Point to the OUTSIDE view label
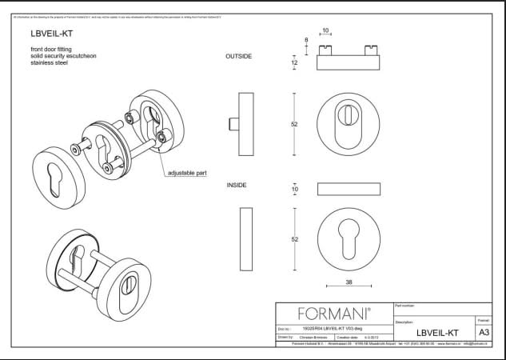coord(239,57)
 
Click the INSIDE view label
coord(237,185)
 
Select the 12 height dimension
coord(294,62)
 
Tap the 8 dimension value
coord(305,40)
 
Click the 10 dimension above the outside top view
coord(325,32)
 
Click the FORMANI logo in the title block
coord(333,314)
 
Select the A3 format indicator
coord(483,332)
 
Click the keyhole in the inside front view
coord(349,238)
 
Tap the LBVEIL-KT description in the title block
coord(437,332)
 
